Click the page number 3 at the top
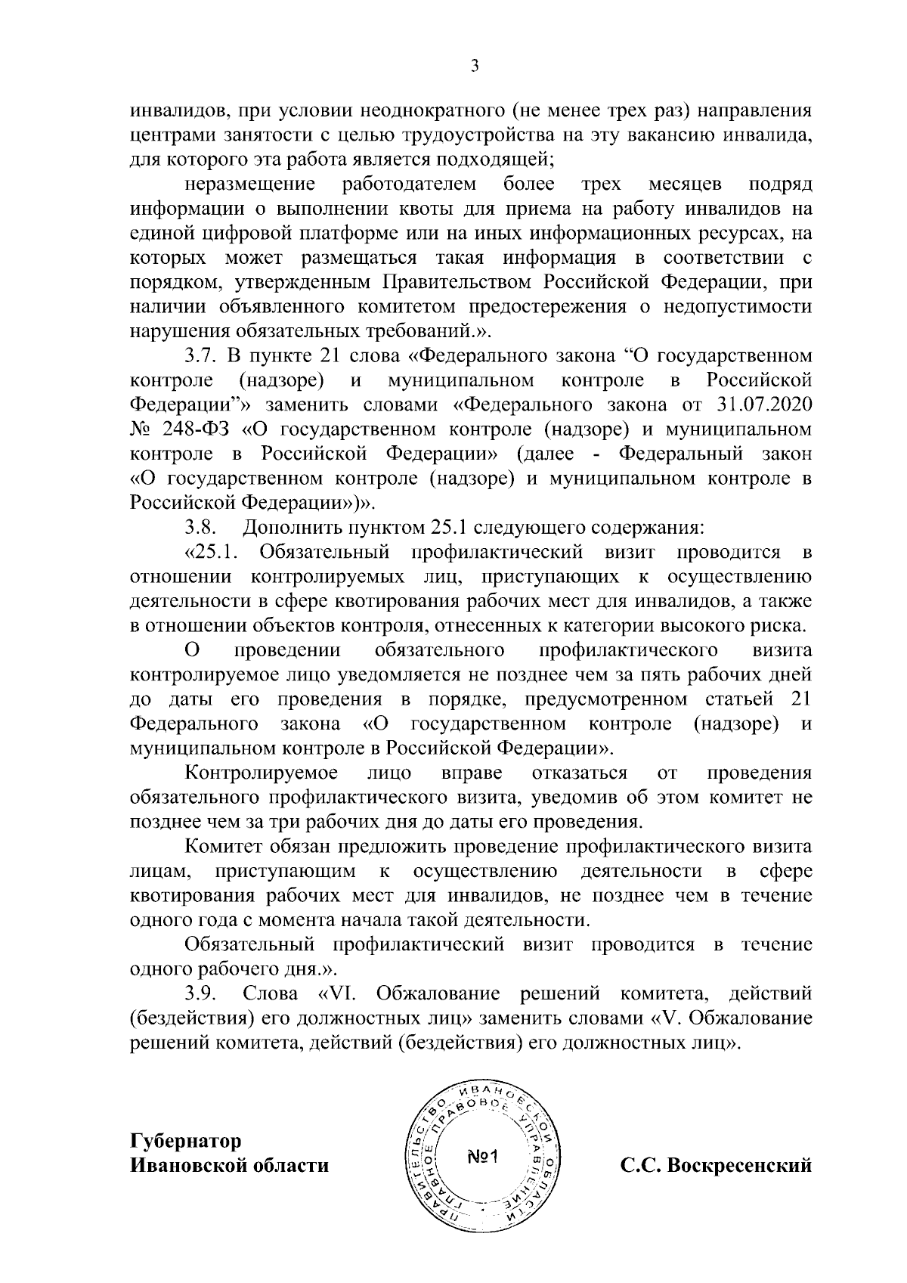click(475, 67)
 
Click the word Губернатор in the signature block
click(186, 1139)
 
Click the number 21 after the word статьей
click(799, 699)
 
